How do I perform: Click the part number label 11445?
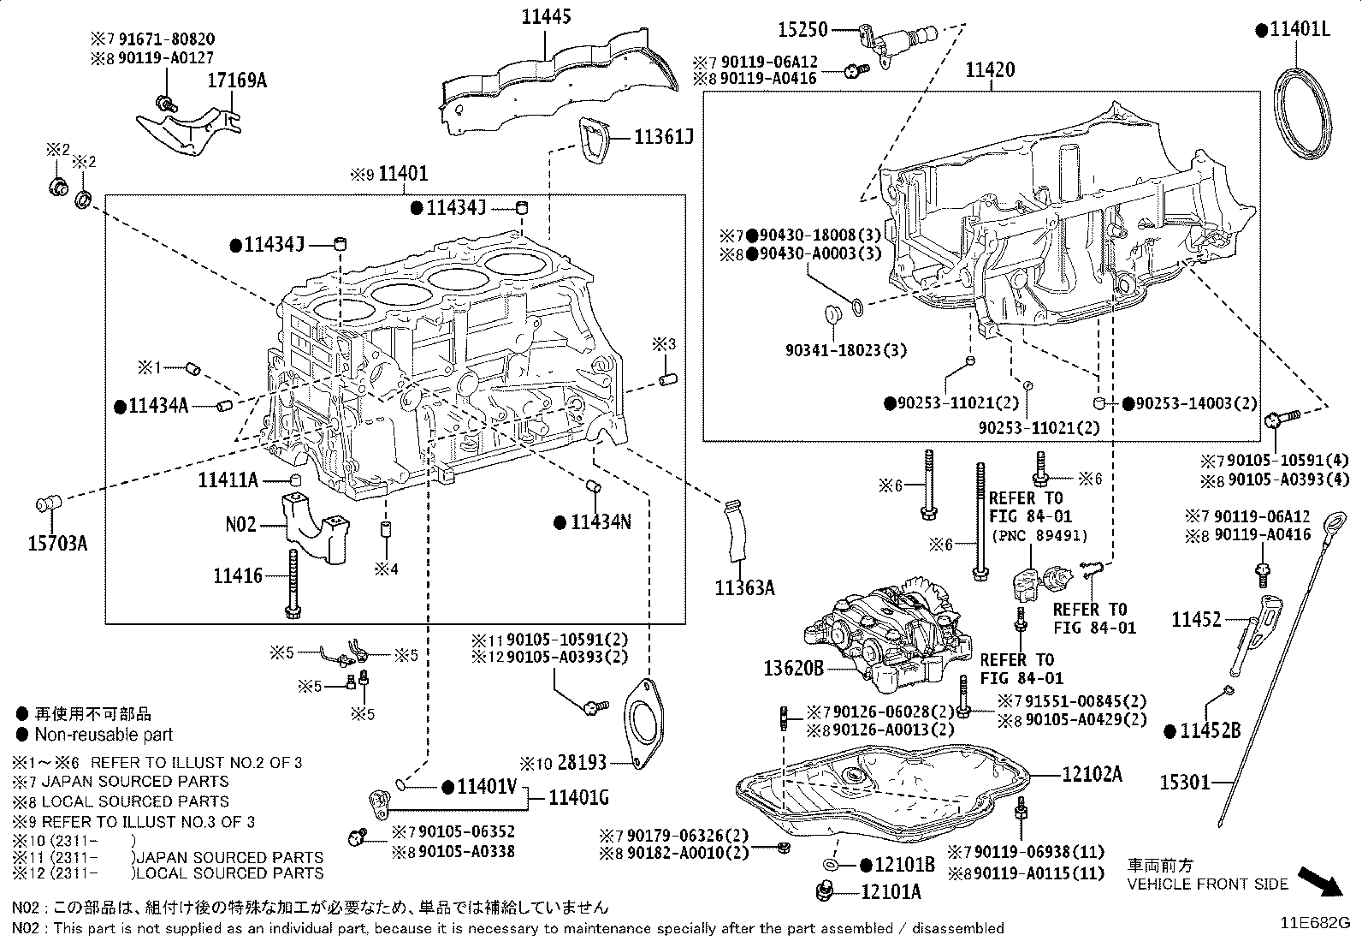coord(546,16)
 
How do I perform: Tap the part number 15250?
coord(803,30)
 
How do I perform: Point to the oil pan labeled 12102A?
coord(882,791)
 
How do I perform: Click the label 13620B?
coord(793,669)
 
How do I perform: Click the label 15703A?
coord(57,543)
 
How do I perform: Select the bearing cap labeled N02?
coord(315,527)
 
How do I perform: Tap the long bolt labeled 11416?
coord(293,584)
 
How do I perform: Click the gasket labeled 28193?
coord(643,724)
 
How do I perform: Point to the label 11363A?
coord(745,588)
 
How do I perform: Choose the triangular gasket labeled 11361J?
coord(594,140)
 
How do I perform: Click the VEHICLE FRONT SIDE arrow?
coord(1319,881)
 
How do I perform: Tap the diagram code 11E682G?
coord(1315,923)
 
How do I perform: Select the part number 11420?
coord(990,70)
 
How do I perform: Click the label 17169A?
coord(237,80)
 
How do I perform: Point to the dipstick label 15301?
coord(1185,782)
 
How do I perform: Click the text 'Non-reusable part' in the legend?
coord(104,735)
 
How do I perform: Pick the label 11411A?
coord(228,481)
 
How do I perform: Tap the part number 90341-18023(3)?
coord(846,350)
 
